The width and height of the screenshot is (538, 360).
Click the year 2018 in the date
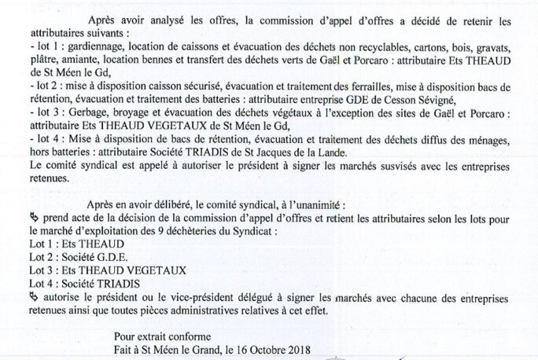pyautogui.click(x=295, y=349)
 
